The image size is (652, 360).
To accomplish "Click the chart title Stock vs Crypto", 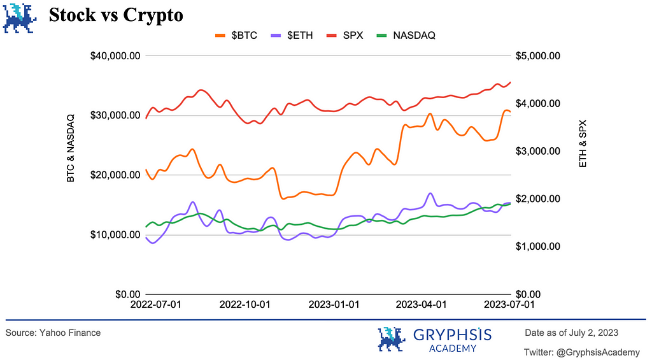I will [x=116, y=15].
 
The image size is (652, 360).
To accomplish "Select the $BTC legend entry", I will [x=236, y=35].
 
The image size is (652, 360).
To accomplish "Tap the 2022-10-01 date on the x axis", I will [x=244, y=305].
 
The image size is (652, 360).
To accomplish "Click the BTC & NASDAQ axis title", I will [x=71, y=148].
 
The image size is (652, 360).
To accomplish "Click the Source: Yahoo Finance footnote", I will [x=53, y=333].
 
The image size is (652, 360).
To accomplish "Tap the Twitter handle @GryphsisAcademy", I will [x=582, y=352].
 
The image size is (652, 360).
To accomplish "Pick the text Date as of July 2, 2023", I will [x=571, y=333].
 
